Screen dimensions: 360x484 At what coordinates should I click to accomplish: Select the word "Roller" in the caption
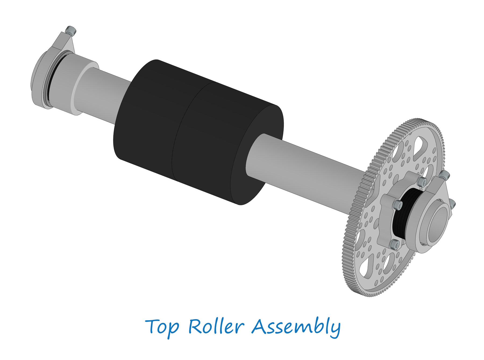pos(216,326)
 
